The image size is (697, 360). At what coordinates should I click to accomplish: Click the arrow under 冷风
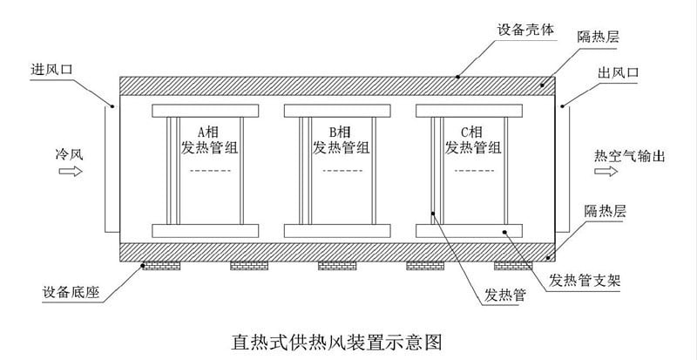(x=71, y=172)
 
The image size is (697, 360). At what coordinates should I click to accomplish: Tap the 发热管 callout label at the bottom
(x=504, y=296)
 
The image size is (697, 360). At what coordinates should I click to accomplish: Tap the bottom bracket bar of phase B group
(x=335, y=231)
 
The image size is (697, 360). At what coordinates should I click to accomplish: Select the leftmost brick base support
(x=159, y=265)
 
